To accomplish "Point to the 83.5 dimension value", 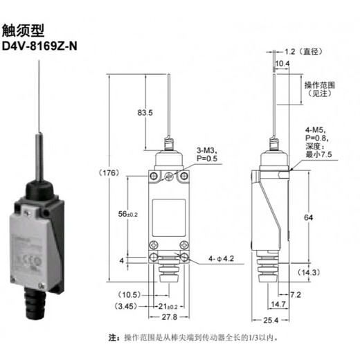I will pyautogui.click(x=145, y=111).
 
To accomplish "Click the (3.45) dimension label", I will pyautogui.click(x=126, y=305).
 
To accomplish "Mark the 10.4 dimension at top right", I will pyautogui.click(x=282, y=64).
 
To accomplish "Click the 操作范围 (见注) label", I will pyautogui.click(x=320, y=89).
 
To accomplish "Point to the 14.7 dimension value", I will pyautogui.click(x=278, y=304).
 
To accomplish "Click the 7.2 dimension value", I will pyautogui.click(x=295, y=295).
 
